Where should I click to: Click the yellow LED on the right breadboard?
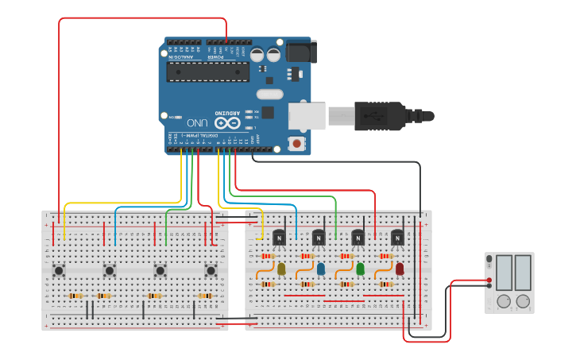click(x=280, y=269)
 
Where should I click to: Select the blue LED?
click(x=321, y=269)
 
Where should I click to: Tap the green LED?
click(x=360, y=269)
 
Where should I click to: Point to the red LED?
click(x=400, y=269)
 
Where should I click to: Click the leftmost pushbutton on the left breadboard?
click(x=59, y=271)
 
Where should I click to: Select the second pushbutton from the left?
click(x=110, y=271)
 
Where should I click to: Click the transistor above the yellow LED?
click(x=279, y=237)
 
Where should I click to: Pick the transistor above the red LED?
click(x=397, y=237)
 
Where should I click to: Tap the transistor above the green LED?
click(x=358, y=237)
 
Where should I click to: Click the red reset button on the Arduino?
click(x=297, y=144)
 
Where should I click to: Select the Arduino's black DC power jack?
click(x=300, y=52)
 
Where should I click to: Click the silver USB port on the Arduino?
click(x=307, y=115)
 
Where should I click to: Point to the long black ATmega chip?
click(x=207, y=72)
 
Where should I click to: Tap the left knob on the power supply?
click(x=503, y=301)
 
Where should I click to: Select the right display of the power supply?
click(x=523, y=273)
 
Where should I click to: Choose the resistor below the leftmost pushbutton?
click(x=75, y=296)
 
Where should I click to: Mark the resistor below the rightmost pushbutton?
click(x=205, y=296)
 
